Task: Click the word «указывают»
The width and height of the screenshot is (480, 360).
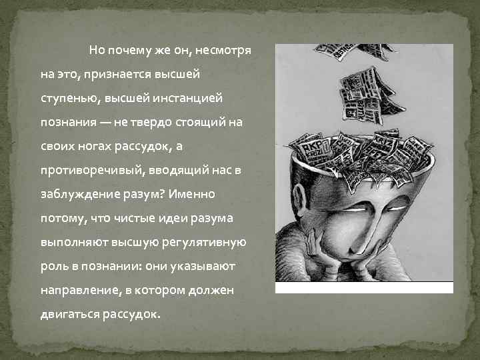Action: tap(198, 267)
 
